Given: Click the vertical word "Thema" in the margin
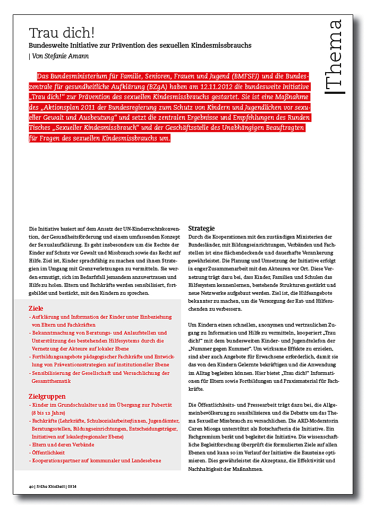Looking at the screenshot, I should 335,56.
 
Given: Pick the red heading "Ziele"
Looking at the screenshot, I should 36,308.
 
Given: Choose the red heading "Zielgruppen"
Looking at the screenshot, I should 47,396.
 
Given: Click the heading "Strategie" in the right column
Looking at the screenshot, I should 201,228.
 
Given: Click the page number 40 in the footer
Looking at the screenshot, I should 31,486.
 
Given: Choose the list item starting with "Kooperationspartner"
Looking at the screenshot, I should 96,461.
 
